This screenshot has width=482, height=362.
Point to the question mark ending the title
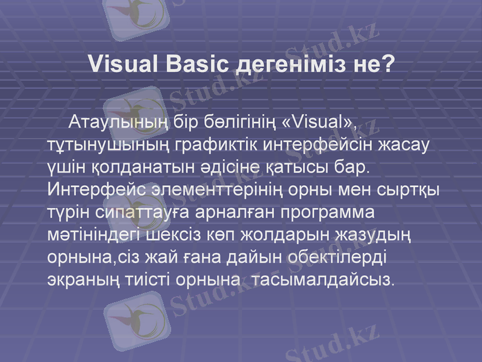(387, 63)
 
